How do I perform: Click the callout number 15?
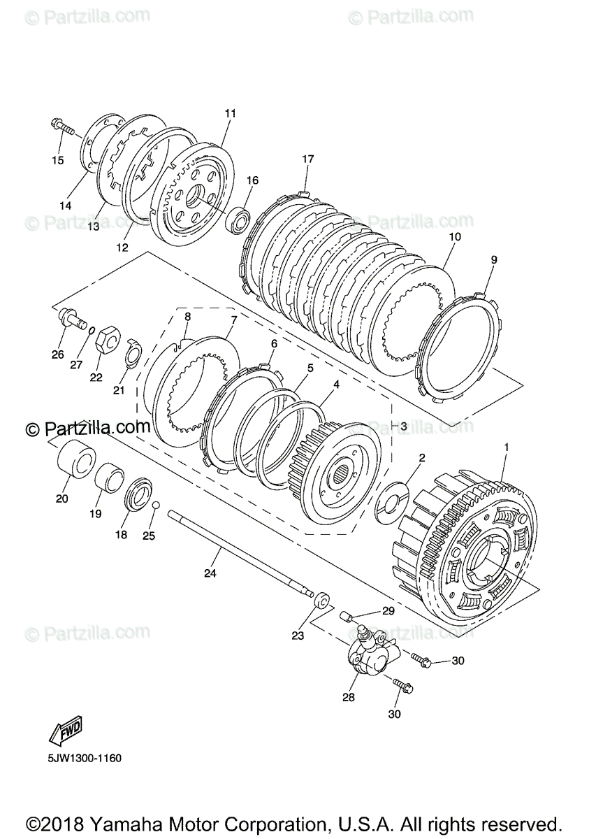point(57,160)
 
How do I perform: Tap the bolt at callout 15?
point(63,128)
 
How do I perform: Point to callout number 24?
point(210,573)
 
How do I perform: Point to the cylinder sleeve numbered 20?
point(73,462)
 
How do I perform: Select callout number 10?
point(454,237)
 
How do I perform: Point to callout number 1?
point(507,446)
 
